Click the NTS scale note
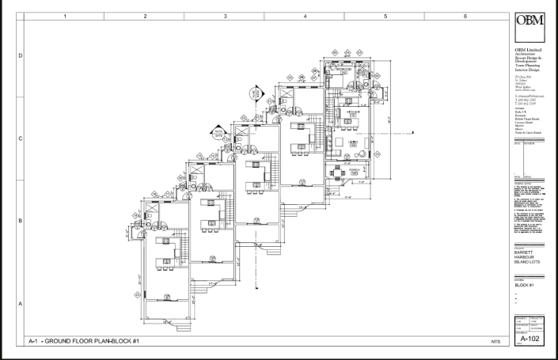pyautogui.click(x=495, y=341)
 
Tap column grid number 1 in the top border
pyautogui.click(x=65, y=15)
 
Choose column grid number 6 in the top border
pyautogui.click(x=465, y=15)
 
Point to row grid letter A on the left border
pyautogui.click(x=20, y=303)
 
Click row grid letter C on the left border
pyautogui.click(x=20, y=138)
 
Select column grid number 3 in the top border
pyautogui.click(x=225, y=15)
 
